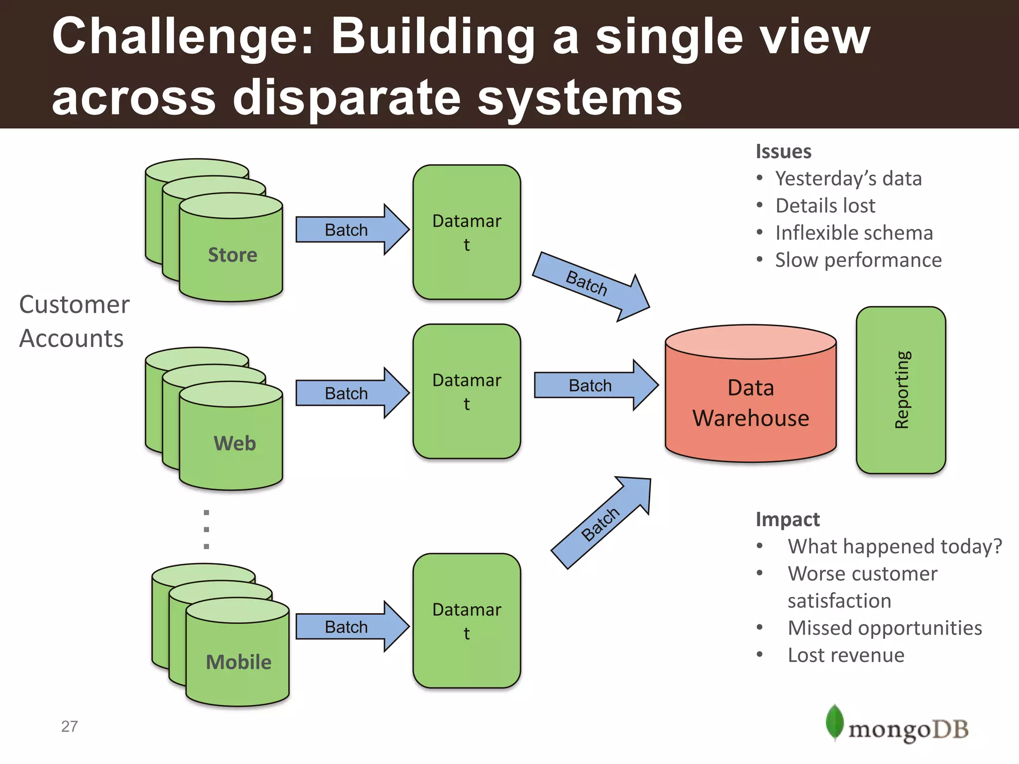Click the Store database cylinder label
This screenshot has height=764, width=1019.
click(232, 255)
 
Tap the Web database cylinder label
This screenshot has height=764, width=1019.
click(234, 443)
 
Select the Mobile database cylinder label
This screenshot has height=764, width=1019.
click(238, 662)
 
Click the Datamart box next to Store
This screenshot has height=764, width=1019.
click(467, 232)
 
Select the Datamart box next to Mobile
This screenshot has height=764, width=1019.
click(467, 621)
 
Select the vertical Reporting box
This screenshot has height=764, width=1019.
click(901, 390)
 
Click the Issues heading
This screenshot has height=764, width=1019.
click(783, 151)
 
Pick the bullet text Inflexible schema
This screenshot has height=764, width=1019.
click(854, 233)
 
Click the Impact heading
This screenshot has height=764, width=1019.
click(787, 519)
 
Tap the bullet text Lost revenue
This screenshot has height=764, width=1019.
click(846, 655)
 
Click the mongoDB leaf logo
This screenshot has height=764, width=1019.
click(834, 722)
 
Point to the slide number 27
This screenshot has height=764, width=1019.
click(70, 726)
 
